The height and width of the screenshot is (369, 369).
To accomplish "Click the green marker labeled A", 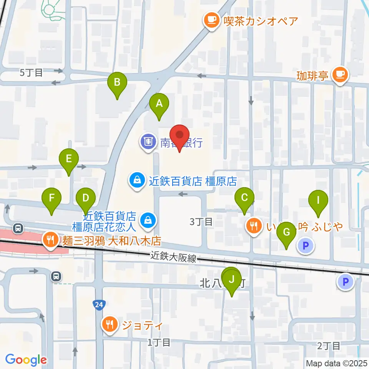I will (x=159, y=104).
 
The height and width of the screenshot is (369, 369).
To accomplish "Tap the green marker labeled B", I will (x=117, y=82).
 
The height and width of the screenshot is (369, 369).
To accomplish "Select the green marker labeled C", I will (x=244, y=198).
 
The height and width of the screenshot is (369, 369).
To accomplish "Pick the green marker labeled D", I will (x=86, y=198).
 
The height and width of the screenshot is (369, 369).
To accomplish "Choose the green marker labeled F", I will (x=52, y=198).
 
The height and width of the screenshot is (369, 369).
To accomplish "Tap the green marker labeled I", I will (x=318, y=200).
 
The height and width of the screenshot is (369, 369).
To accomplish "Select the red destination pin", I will (x=180, y=135).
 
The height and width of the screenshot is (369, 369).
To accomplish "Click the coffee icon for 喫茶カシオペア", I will (x=211, y=20).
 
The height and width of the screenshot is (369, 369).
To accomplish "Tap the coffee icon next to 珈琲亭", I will (x=339, y=74).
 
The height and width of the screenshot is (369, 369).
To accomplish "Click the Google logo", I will (x=26, y=360).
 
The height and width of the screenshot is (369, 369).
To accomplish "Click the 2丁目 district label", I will (x=329, y=346).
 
